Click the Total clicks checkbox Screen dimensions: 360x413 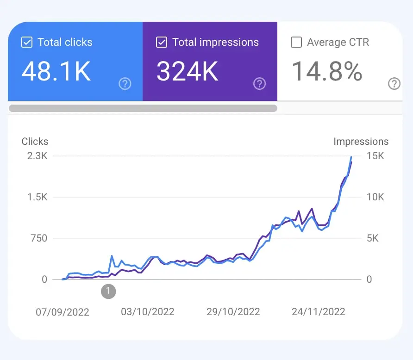(27, 43)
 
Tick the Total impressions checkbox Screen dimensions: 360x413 (162, 43)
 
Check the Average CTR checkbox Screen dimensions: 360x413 (296, 43)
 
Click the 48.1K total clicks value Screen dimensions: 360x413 (56, 72)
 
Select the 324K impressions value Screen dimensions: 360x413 (187, 72)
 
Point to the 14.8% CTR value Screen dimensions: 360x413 (327, 72)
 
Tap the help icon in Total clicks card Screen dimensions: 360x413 (125, 84)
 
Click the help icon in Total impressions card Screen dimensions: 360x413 (259, 84)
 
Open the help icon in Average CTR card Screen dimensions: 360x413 (394, 84)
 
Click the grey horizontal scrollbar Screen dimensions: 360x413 (143, 108)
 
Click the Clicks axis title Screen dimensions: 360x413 (35, 142)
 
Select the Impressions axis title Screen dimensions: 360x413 (361, 142)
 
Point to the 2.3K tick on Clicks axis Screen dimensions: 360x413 (38, 156)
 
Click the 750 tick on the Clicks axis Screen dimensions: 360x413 (39, 238)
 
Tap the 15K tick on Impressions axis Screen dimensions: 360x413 (375, 156)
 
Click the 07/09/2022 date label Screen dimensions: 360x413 (63, 312)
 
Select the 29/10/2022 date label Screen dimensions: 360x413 (233, 312)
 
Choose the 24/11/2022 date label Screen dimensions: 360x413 (319, 312)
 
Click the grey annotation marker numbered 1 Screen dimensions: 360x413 (108, 291)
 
